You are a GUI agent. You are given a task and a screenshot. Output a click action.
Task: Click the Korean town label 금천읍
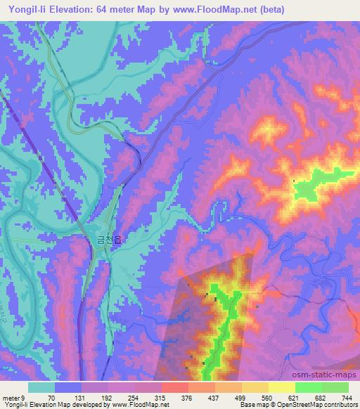coord(109,240)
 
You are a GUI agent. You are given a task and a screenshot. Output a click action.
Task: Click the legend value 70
coord(51,398)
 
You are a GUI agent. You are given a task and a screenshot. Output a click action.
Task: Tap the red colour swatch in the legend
coord(174,387)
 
